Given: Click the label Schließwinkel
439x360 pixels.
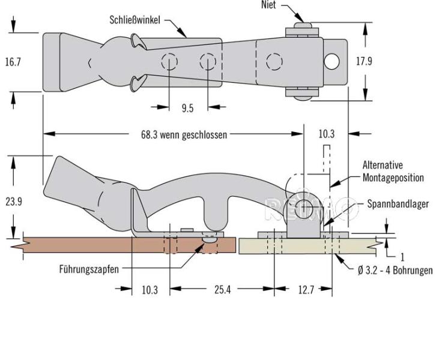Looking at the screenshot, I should (x=135, y=19).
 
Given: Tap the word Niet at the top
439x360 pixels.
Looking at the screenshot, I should (x=269, y=5).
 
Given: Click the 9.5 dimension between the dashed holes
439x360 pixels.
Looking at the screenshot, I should (x=187, y=109).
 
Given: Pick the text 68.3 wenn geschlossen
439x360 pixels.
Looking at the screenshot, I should (x=180, y=134).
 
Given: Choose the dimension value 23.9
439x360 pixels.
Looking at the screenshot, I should (x=14, y=202).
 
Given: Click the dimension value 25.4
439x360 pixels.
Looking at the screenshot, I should (x=222, y=290).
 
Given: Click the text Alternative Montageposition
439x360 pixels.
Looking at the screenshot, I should (x=393, y=172).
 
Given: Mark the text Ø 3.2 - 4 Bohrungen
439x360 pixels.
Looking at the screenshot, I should (x=395, y=271).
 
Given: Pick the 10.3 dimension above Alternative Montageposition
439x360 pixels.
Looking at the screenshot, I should (x=326, y=134).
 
